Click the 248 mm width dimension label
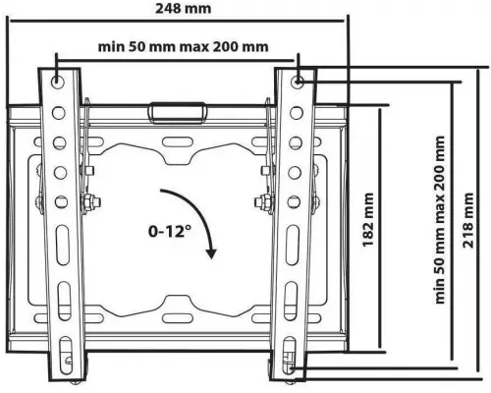184,9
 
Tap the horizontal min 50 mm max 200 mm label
184,47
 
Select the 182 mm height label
368,220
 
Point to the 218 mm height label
468,220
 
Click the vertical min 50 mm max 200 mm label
440,220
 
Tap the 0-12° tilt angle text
169,231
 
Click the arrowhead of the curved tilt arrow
211,253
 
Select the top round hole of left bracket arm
58,81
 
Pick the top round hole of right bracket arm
298,81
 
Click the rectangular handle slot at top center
177,113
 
